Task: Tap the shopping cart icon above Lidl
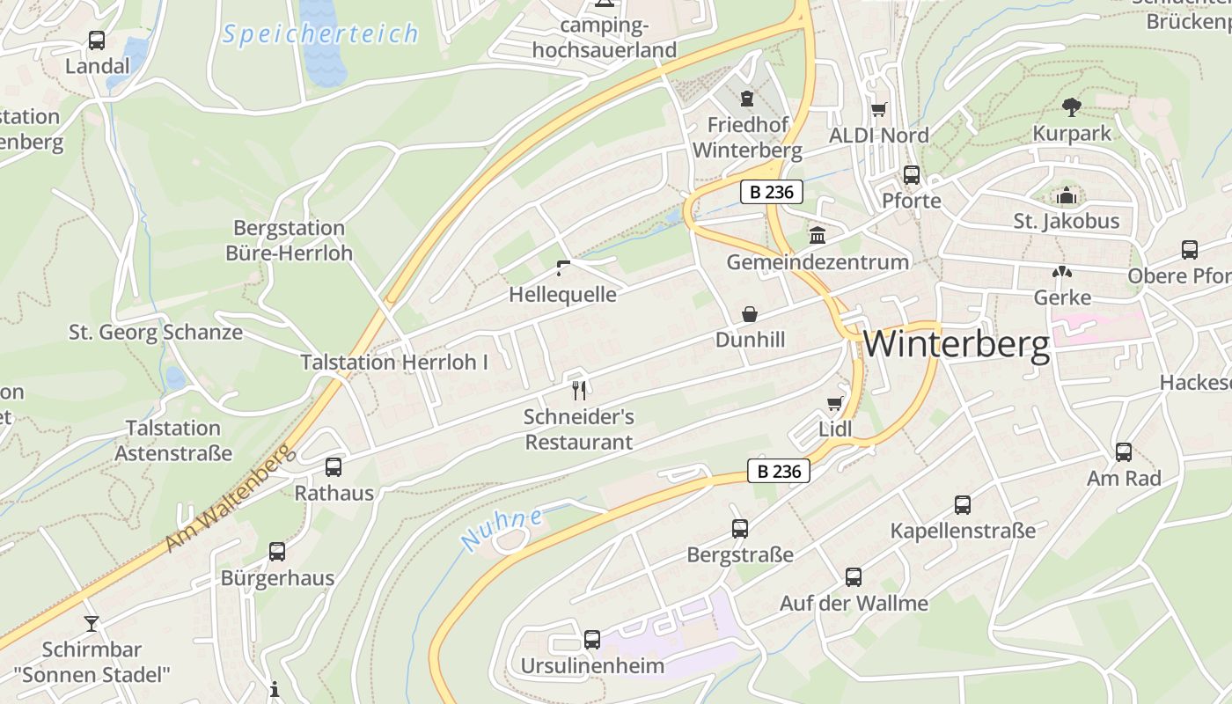click(x=834, y=403)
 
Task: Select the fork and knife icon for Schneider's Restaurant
click(x=578, y=389)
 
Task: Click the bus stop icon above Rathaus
click(x=334, y=467)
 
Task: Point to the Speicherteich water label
click(x=320, y=34)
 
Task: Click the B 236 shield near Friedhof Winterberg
click(x=772, y=192)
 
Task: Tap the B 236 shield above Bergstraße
click(x=779, y=471)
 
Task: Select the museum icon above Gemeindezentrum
click(x=818, y=236)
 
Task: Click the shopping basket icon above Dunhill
click(x=750, y=314)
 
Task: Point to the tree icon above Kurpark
click(x=1071, y=107)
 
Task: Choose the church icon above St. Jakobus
click(x=1067, y=195)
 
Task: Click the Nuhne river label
click(x=502, y=528)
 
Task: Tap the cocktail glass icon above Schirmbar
click(x=92, y=624)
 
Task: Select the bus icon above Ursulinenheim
click(x=592, y=639)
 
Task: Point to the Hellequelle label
click(x=562, y=294)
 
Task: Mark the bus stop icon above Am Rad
click(x=1124, y=452)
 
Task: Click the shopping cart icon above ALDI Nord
click(x=878, y=110)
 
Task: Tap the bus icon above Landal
click(x=97, y=40)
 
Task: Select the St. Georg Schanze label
click(x=156, y=332)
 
